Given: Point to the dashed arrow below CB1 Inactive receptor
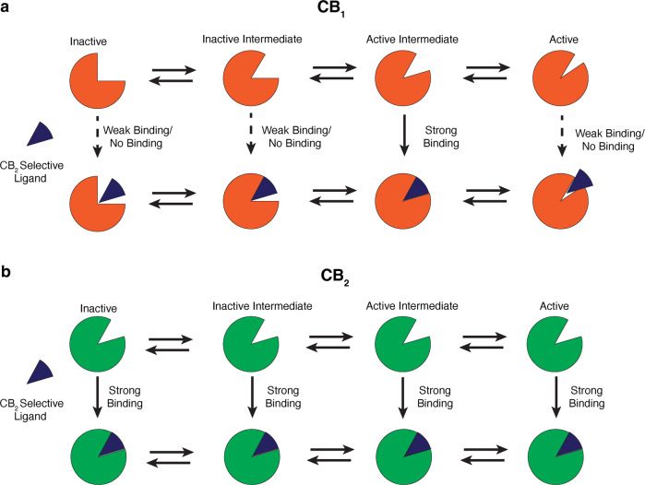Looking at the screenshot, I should (x=96, y=148).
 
